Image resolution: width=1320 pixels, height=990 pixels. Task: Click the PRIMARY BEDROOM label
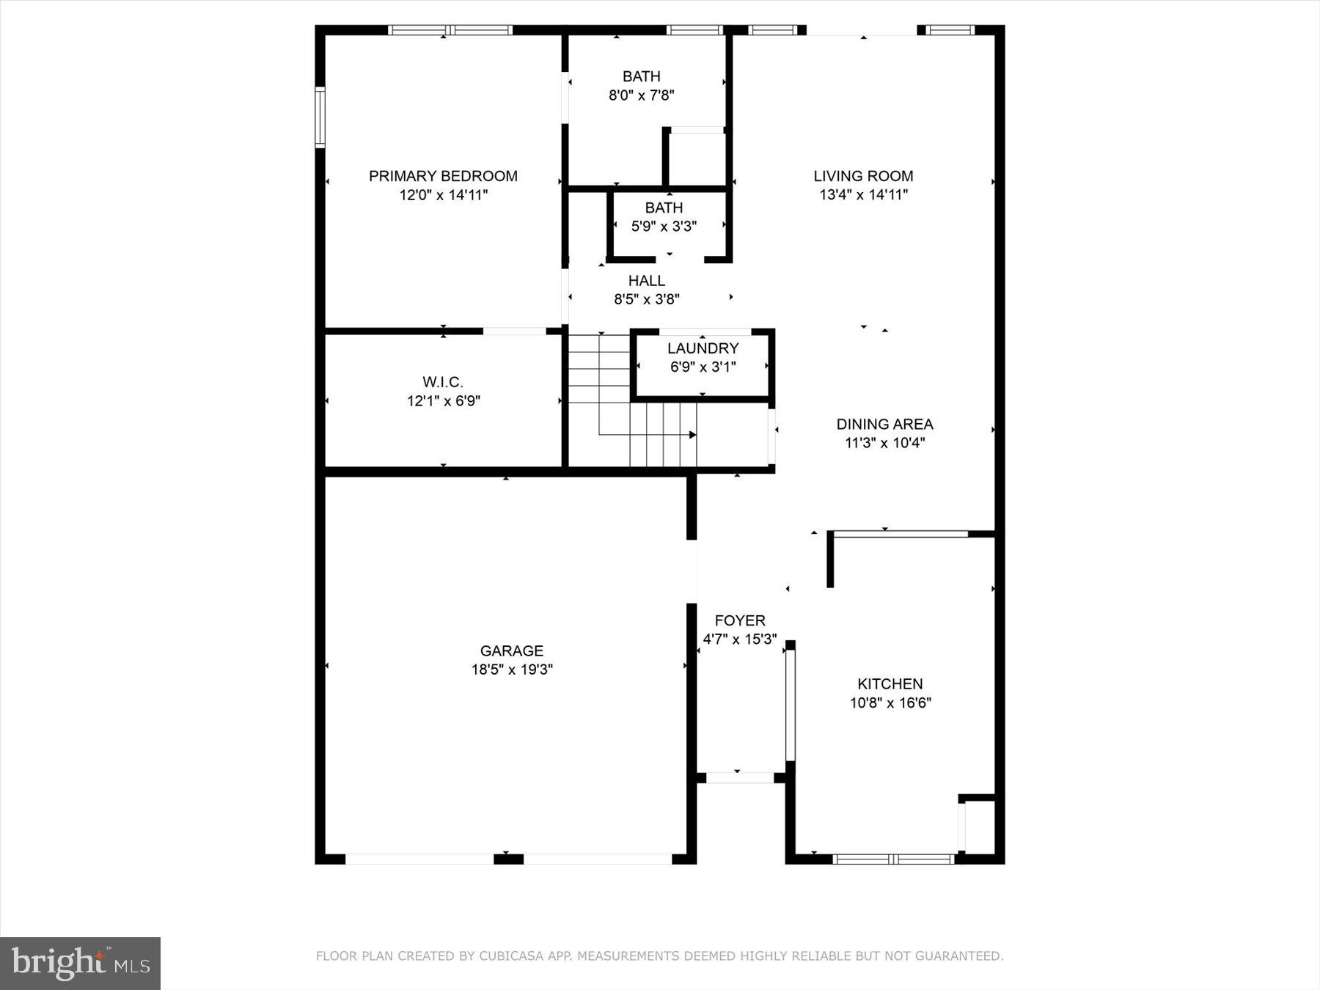pyautogui.click(x=443, y=176)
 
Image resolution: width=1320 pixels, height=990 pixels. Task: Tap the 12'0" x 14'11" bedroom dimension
pyautogui.click(x=443, y=195)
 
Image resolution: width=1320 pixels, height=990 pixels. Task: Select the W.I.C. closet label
pyautogui.click(x=443, y=382)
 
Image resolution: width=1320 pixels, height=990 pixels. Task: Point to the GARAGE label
pyautogui.click(x=512, y=650)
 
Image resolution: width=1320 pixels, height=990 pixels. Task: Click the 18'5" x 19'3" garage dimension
pyautogui.click(x=512, y=670)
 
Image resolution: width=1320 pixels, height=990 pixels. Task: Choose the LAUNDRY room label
pyautogui.click(x=703, y=348)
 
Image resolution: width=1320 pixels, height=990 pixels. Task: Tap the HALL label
pyautogui.click(x=647, y=281)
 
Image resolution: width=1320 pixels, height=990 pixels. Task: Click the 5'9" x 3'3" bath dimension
pyautogui.click(x=664, y=227)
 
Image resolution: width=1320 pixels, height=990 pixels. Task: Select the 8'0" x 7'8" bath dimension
pyautogui.click(x=642, y=95)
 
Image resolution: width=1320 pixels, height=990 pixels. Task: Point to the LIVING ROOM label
pyautogui.click(x=863, y=176)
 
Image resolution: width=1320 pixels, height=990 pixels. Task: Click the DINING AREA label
pyautogui.click(x=884, y=424)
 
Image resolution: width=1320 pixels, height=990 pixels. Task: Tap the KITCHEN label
pyautogui.click(x=890, y=684)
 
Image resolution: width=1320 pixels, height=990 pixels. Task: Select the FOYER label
pyautogui.click(x=740, y=620)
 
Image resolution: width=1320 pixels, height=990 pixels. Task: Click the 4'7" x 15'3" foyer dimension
pyautogui.click(x=740, y=639)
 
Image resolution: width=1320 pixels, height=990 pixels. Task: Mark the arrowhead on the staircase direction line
pyautogui.click(x=692, y=435)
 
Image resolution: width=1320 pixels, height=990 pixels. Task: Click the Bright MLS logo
pyautogui.click(x=80, y=963)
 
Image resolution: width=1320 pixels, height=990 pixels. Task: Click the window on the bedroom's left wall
pyautogui.click(x=320, y=117)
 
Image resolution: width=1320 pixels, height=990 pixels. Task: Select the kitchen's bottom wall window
pyautogui.click(x=894, y=859)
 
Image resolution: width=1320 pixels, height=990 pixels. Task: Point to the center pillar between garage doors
pyautogui.click(x=508, y=859)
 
